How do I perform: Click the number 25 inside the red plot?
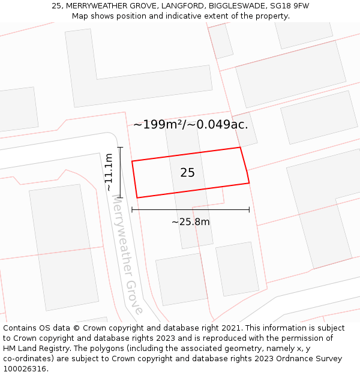coord(187,173)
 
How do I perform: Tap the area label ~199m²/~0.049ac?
coord(190,125)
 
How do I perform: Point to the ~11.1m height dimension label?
coord(109,172)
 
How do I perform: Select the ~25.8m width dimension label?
coord(191,222)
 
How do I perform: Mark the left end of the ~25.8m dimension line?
coord(132,210)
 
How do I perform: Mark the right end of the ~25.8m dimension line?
coord(249,210)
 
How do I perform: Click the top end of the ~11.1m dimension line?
coord(120,147)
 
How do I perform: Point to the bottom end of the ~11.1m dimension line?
coord(120,197)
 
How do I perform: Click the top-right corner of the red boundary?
coord(240,147)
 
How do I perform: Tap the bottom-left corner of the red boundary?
coord(137,197)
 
